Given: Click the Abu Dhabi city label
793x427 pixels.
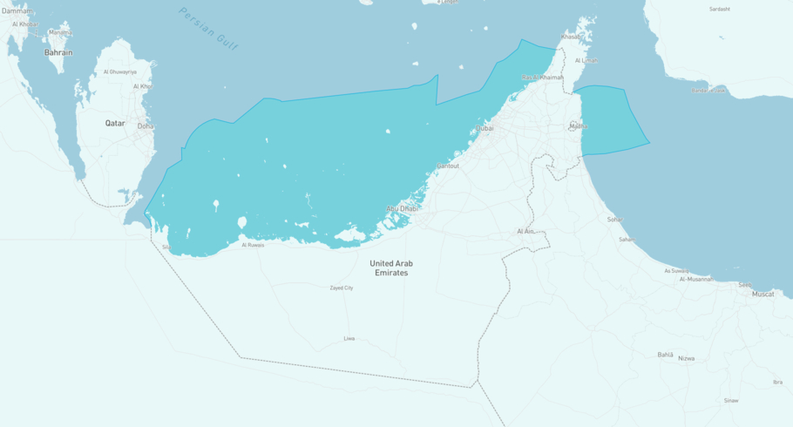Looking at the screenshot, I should (402, 209).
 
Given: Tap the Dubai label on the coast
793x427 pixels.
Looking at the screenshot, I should (485, 128).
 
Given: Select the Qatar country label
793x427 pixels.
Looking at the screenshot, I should (115, 124).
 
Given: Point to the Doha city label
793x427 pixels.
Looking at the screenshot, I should (145, 126).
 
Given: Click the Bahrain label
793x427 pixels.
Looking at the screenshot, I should (58, 52).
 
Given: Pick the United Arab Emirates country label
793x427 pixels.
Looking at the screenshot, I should (391, 268).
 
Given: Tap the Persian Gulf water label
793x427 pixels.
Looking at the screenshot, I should (208, 28).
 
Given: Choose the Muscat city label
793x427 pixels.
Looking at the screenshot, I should (762, 295).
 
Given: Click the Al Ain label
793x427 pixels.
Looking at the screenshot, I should (525, 231).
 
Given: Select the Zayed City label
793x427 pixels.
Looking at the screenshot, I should (342, 288).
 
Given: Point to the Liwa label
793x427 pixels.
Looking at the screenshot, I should (349, 338).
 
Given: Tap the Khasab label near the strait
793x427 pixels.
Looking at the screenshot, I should (570, 37).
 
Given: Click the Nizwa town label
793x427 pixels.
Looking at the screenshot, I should (687, 358).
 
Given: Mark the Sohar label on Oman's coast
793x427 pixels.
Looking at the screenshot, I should (615, 220).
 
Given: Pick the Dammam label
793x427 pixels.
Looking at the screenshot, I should (16, 10).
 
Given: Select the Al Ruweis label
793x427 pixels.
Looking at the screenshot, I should (253, 245).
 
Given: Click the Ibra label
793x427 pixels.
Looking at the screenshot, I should (777, 382).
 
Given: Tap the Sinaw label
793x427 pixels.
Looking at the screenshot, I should (730, 401).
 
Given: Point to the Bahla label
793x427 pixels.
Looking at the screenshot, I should (665, 355).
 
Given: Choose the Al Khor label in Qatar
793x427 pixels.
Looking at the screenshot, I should (142, 86).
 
